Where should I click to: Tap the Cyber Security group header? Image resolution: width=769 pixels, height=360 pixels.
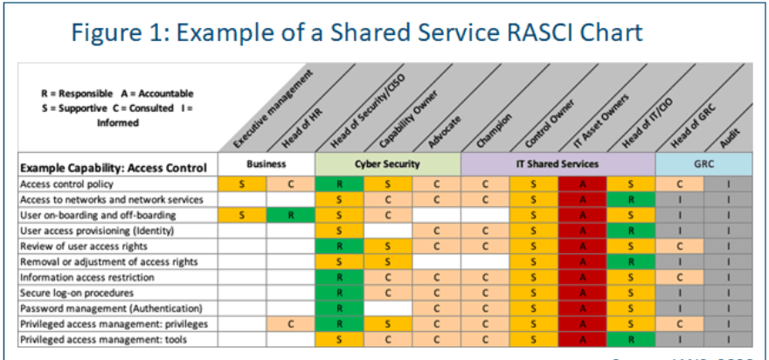pos(387,164)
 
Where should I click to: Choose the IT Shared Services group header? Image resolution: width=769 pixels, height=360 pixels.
pos(558,164)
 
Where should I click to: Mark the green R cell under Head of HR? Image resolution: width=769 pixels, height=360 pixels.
pos(290,215)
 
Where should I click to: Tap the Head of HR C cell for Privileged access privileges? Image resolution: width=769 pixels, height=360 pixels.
pos(290,324)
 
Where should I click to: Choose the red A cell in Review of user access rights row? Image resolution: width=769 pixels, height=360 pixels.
pos(582,246)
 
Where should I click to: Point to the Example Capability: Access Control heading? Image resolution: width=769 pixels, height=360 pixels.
pos(114,166)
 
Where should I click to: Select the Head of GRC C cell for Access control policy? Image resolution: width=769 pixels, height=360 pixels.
pos(679,183)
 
